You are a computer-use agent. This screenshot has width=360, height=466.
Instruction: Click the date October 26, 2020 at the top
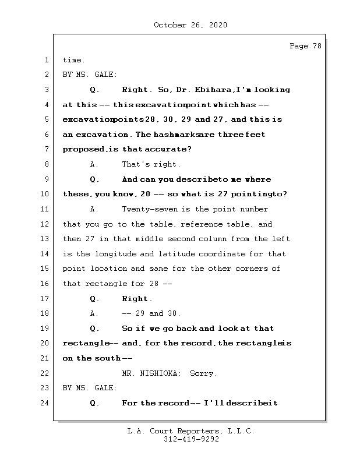(x=190, y=25)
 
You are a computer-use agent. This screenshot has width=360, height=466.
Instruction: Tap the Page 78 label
(x=305, y=46)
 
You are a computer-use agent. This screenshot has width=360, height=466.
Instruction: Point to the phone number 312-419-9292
(x=191, y=440)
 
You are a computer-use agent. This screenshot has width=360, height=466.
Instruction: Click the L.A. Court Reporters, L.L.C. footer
(x=191, y=432)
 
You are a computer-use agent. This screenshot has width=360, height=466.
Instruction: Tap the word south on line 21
(x=108, y=358)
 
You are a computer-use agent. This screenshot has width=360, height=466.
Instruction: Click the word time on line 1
(x=73, y=60)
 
